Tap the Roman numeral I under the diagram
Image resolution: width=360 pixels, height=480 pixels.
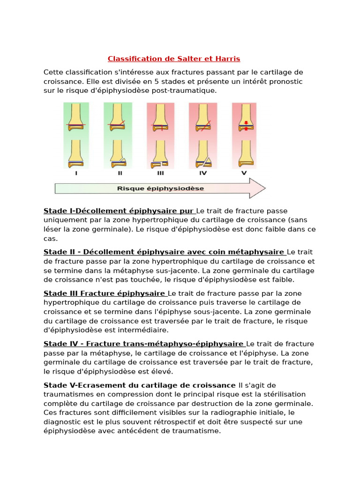click(76, 173)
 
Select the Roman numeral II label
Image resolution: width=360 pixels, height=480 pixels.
click(120, 173)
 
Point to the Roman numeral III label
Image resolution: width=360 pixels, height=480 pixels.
click(161, 173)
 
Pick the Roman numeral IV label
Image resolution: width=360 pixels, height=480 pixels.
click(203, 173)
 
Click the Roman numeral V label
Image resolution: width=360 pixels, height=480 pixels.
click(244, 173)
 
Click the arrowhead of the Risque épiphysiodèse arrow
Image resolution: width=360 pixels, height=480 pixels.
click(258, 188)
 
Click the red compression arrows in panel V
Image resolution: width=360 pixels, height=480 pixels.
click(244, 125)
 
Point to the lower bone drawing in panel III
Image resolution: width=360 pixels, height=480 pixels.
click(160, 154)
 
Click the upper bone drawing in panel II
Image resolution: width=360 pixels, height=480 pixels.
click(118, 117)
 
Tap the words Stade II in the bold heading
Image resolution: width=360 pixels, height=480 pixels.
click(60, 252)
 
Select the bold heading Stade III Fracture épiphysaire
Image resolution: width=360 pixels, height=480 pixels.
click(104, 293)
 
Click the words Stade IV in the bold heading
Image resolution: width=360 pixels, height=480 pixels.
click(60, 344)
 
